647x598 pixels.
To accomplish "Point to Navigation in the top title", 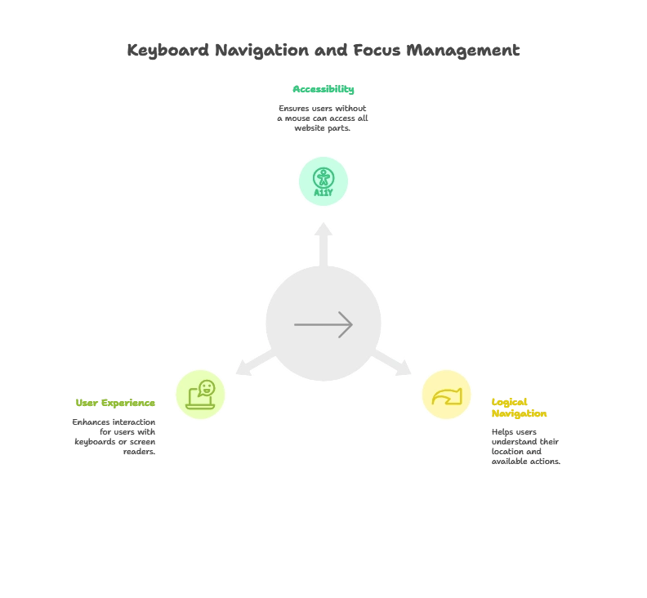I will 265,51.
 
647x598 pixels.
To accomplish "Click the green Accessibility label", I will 323,91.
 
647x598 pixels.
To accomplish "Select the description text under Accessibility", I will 323,118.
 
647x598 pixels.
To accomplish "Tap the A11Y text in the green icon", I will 323,193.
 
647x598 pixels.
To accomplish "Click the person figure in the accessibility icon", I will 323,176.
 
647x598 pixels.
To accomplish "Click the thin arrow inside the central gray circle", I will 323,324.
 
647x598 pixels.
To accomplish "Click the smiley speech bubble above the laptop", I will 207,387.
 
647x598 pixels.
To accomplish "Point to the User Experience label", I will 114,404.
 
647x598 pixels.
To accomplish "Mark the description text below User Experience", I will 114,436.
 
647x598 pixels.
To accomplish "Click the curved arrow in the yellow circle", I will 446,396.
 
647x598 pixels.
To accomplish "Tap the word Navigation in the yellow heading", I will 520,414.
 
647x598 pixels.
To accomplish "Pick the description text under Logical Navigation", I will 525,446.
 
